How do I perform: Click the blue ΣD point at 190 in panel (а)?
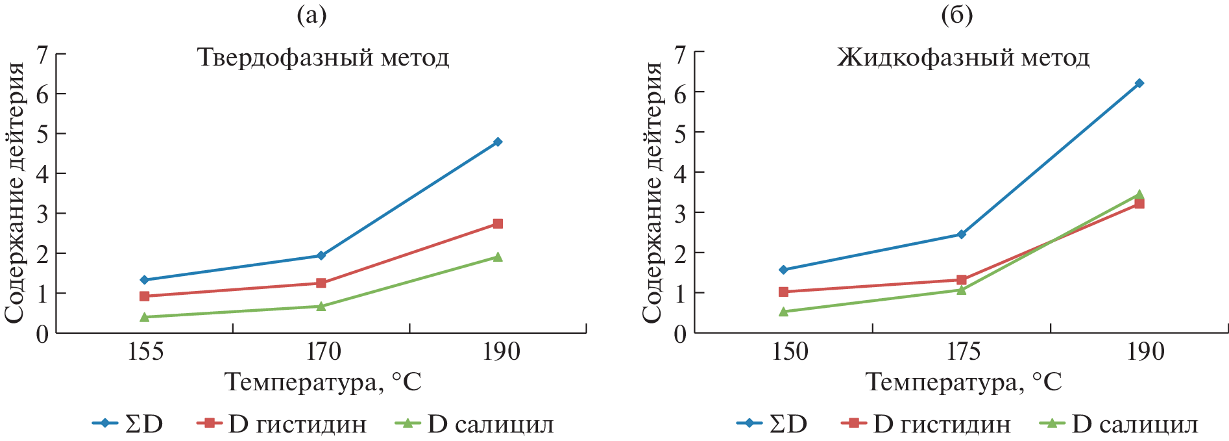(498, 142)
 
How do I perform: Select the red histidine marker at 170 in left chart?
(321, 283)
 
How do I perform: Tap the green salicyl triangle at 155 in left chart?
(145, 317)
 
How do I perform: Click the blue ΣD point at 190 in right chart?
(1139, 83)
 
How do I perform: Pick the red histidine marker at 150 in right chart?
(783, 292)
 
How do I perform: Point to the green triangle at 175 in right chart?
(961, 290)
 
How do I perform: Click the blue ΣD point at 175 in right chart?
(962, 234)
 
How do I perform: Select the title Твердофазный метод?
(323, 58)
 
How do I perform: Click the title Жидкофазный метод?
(963, 58)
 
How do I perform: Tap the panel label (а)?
(311, 16)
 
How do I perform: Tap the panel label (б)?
(956, 16)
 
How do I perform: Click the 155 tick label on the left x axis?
(145, 352)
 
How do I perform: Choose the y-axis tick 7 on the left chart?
(43, 55)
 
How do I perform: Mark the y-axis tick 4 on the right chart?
(680, 173)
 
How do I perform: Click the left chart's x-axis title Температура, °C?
(323, 382)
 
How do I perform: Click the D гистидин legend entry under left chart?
(282, 424)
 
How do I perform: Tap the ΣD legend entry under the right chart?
(772, 424)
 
